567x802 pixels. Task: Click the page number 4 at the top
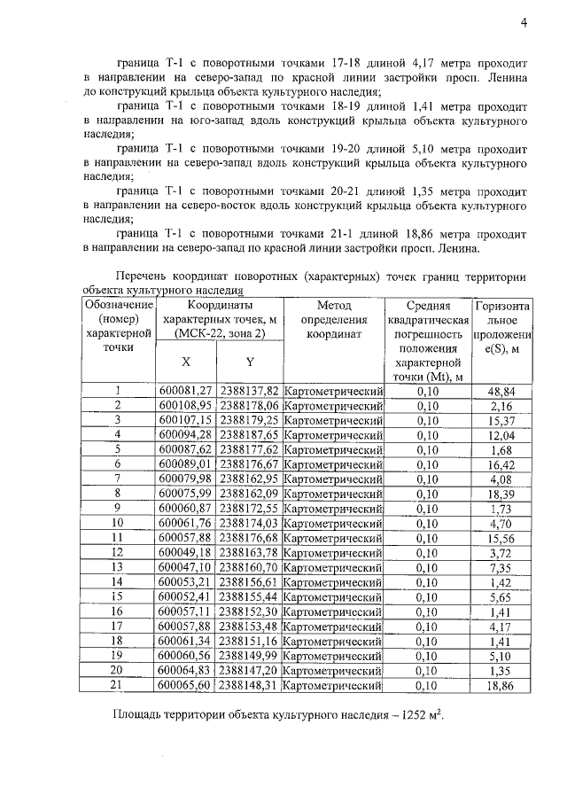pos(524,24)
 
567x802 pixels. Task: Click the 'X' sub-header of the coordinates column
pos(185,362)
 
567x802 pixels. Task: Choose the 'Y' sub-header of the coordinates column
pos(249,362)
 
